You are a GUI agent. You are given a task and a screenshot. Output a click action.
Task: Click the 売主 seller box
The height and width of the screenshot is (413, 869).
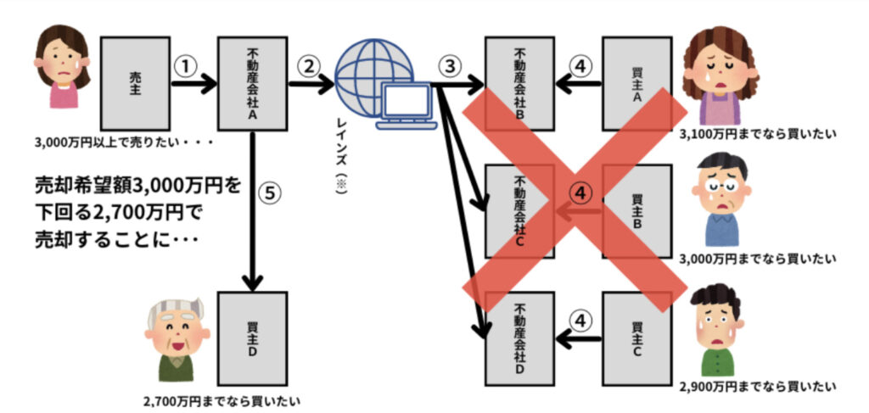click(135, 81)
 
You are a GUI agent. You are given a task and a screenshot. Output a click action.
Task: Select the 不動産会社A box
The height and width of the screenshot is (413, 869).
click(252, 81)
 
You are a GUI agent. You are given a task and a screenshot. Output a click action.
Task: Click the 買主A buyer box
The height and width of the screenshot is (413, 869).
click(636, 81)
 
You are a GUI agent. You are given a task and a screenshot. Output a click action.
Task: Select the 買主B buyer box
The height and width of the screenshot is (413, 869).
click(636, 211)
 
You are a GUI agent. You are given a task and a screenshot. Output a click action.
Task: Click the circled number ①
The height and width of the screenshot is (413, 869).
click(186, 66)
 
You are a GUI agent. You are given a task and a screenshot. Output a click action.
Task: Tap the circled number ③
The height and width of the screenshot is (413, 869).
click(451, 66)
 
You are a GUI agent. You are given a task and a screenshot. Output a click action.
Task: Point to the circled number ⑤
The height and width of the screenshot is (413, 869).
click(269, 194)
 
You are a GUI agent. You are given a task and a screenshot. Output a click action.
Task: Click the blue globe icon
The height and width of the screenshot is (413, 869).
click(365, 75)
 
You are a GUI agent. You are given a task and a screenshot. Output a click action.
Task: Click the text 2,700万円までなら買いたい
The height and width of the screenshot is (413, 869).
click(223, 399)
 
